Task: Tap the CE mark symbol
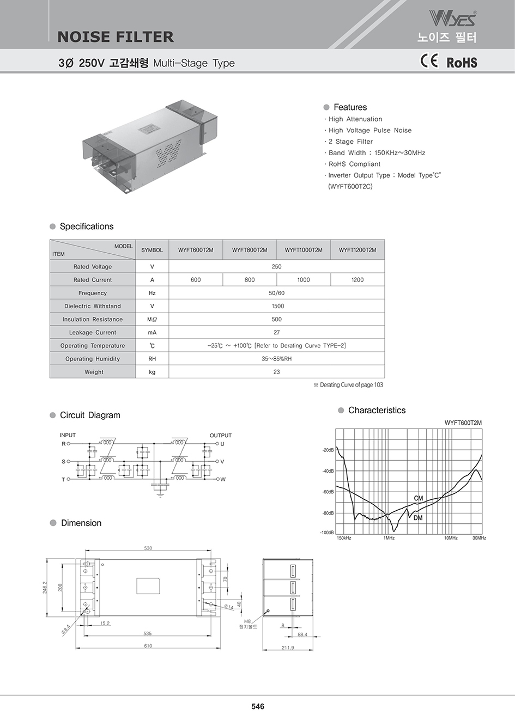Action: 429,61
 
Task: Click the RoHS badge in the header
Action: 462,63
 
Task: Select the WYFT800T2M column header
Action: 250,250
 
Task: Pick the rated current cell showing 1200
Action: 358,280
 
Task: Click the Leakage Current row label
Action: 93,333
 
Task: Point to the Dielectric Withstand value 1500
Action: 277,306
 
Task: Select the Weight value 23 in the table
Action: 277,372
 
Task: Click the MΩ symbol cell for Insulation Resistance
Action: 152,320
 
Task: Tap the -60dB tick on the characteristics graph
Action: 328,492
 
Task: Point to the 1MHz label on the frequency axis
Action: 389,538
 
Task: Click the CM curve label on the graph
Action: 419,498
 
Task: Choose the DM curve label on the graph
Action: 418,518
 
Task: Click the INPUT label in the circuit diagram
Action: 68,435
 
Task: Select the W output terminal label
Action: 223,479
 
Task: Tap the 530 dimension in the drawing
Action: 148,548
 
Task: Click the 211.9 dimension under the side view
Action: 288,647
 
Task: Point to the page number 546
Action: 258,706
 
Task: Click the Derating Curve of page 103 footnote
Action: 349,385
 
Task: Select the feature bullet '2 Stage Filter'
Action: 350,142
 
